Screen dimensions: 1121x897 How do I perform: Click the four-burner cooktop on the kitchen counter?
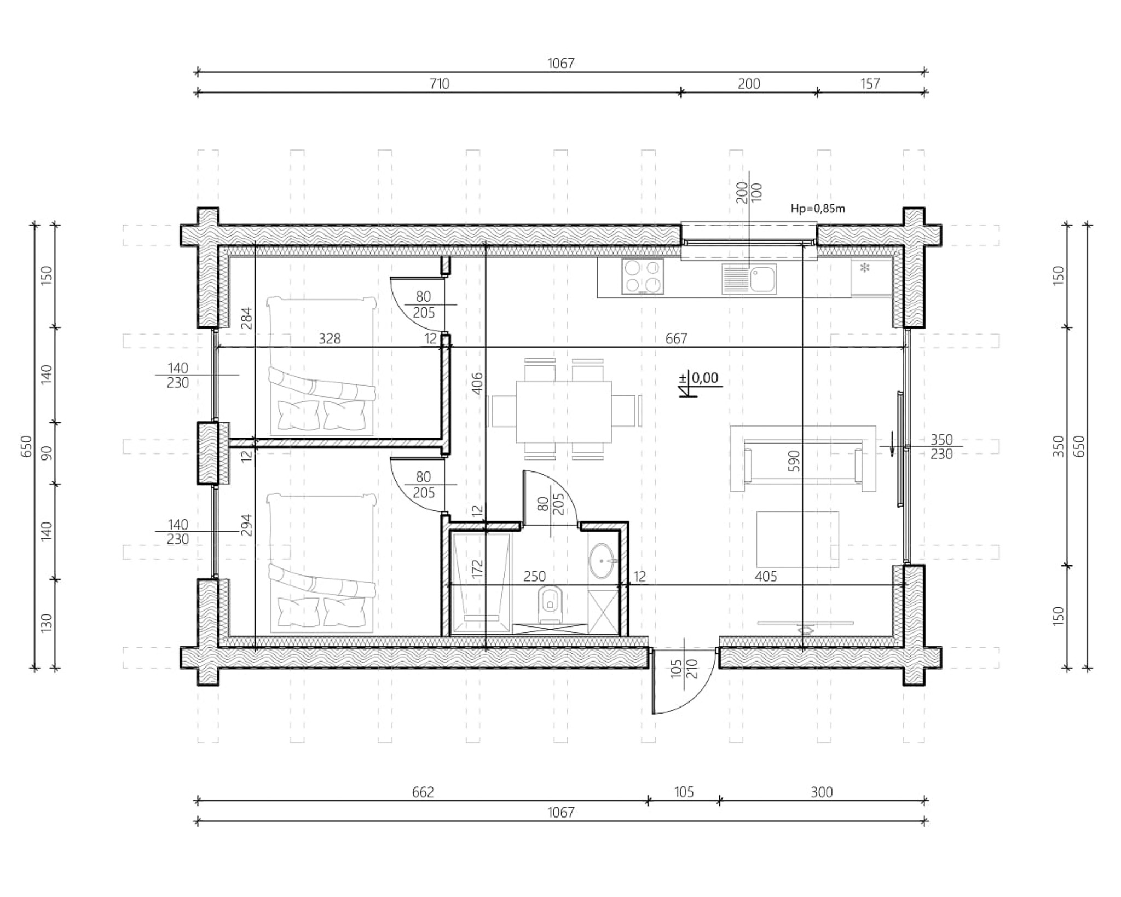643,277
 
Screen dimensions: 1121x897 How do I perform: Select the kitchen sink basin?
749,279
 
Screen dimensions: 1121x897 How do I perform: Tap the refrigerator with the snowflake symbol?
871,278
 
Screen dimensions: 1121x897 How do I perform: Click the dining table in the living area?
564,411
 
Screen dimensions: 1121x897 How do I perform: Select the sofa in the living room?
803,459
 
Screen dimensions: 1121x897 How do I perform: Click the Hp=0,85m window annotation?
818,208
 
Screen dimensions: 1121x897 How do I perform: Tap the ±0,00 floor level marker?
700,383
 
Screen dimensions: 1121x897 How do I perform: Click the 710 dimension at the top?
439,84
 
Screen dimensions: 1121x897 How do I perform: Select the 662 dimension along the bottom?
423,792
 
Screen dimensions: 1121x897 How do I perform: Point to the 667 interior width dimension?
676,339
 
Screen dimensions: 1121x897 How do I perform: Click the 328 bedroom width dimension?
330,339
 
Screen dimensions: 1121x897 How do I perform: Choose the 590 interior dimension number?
794,461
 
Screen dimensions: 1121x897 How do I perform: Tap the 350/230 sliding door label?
941,447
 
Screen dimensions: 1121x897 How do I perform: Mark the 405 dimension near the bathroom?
765,576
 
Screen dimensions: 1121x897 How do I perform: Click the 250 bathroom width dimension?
534,576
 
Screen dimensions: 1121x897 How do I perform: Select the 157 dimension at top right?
870,84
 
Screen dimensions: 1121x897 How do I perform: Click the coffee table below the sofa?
798,539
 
